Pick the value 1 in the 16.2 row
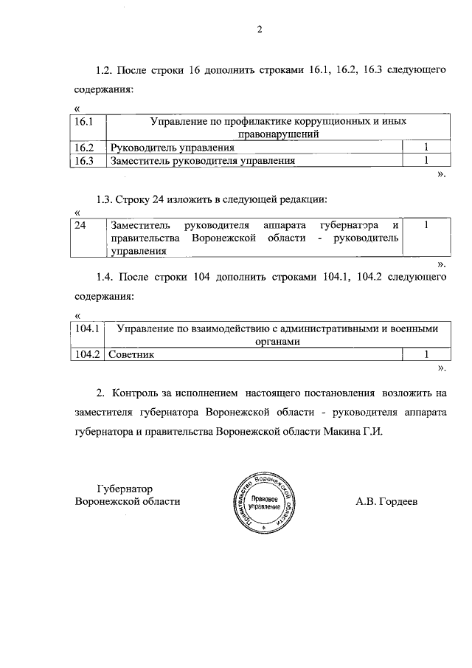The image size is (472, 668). pos(426,148)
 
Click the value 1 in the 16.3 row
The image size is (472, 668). pos(426,160)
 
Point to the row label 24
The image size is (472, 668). pos(80,224)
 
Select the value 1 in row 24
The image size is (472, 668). pos(426,224)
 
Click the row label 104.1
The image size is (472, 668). pos(88,328)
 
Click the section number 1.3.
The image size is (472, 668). pos(104,199)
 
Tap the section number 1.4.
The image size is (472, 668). pos(104,277)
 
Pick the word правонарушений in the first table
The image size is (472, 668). pos(278,134)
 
